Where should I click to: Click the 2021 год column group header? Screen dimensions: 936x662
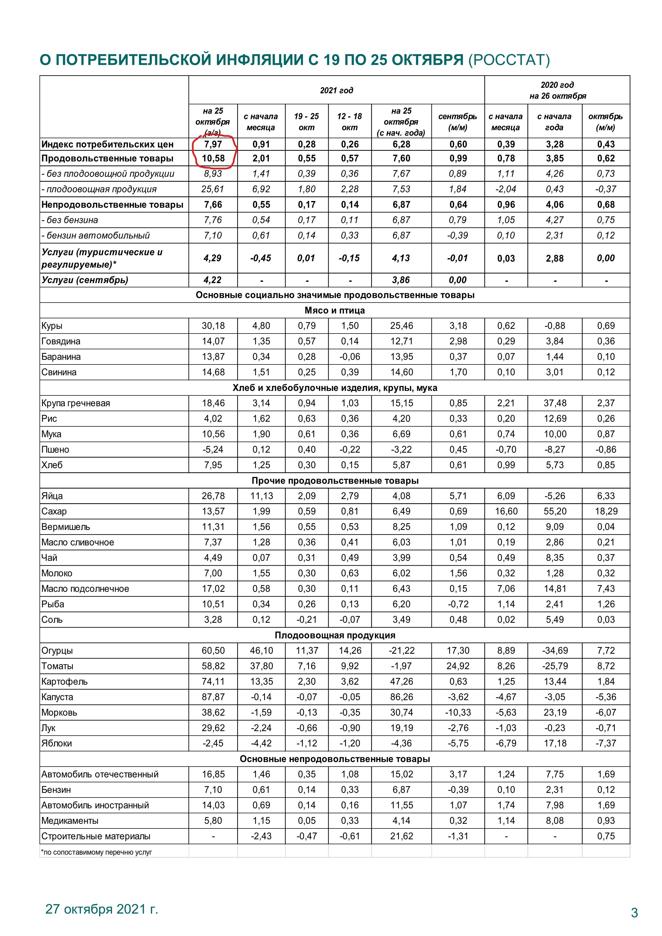(x=336, y=90)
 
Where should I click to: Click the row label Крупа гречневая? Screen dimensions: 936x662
(x=76, y=403)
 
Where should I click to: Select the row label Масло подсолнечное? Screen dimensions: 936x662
(x=85, y=589)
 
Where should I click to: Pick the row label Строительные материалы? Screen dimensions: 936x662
(x=96, y=836)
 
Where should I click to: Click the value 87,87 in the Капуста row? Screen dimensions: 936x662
(x=213, y=697)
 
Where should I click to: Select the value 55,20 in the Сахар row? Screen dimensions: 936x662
(x=554, y=511)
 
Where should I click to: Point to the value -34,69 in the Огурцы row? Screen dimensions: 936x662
(x=554, y=651)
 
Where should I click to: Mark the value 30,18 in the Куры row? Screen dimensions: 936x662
(x=213, y=326)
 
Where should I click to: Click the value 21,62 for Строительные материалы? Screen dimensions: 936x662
(x=402, y=836)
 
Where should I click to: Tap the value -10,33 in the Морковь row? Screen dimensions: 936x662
(x=458, y=713)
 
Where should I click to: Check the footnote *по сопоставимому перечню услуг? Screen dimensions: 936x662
(x=96, y=852)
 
